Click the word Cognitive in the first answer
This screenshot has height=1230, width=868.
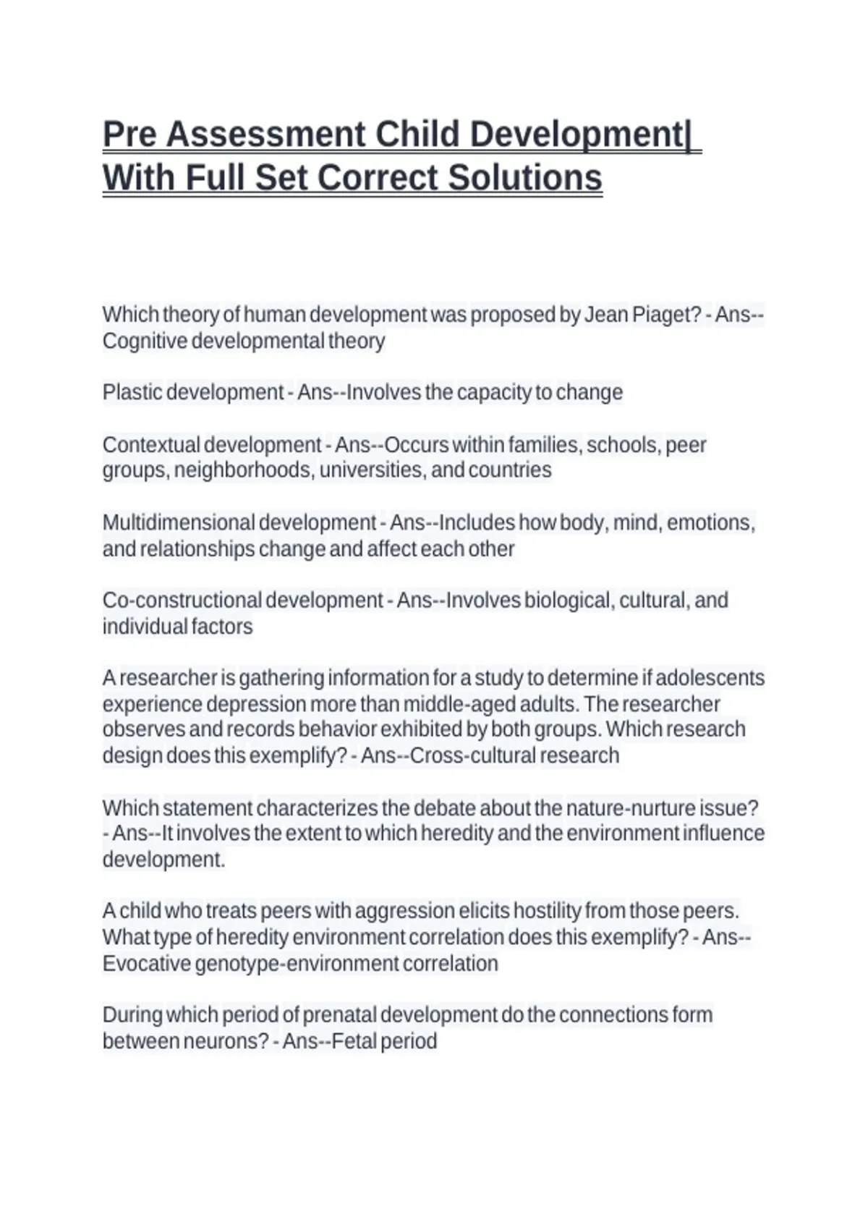[x=145, y=341]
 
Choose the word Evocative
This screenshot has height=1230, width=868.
[x=146, y=964]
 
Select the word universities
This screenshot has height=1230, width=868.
[x=372, y=470]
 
